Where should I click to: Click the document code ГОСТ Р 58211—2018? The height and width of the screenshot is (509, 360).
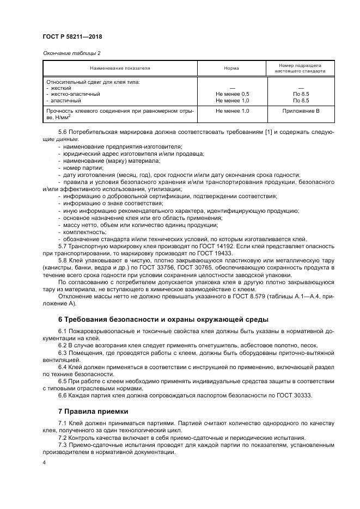point(72,36)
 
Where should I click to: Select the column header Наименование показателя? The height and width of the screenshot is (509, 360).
point(120,69)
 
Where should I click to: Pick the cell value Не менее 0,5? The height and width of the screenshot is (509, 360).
point(232,94)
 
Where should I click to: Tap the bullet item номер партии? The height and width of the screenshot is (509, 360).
point(79,168)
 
